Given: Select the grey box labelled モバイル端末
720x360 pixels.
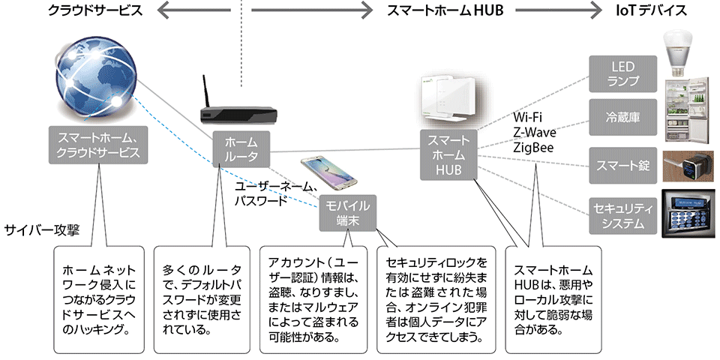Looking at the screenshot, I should click(347, 213).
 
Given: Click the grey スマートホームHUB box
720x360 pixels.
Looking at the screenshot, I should click(448, 155).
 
